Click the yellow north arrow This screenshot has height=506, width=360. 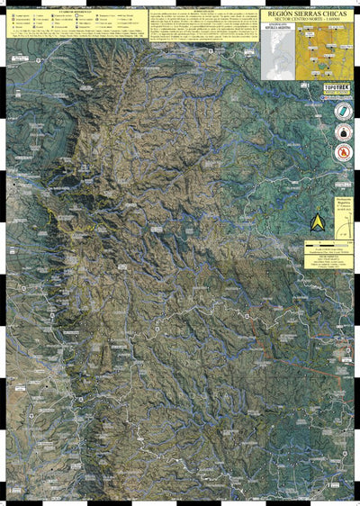point(318,221)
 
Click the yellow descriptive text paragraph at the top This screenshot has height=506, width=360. point(202,28)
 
